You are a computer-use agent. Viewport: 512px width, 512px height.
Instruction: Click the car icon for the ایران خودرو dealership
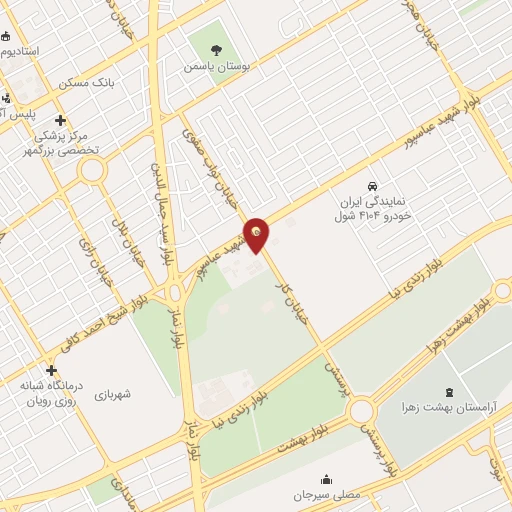pos(372,187)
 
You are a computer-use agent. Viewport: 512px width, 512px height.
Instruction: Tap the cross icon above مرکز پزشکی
pos(62,121)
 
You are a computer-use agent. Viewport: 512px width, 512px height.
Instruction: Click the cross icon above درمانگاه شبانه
pos(51,370)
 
